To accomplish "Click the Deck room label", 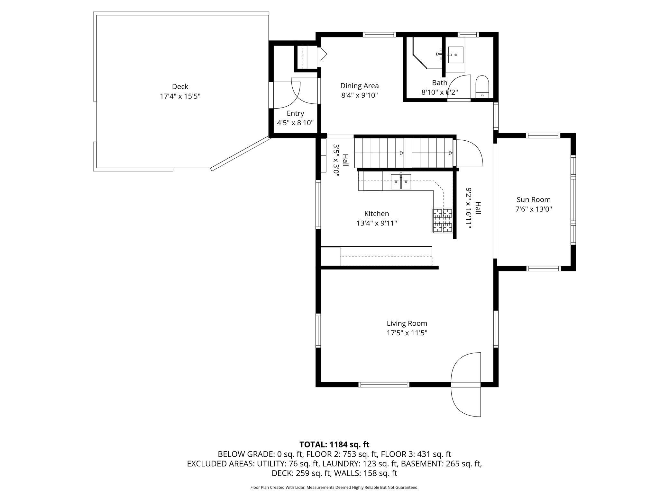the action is click(180, 86).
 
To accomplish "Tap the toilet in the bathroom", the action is click(482, 86).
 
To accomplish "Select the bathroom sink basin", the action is click(456, 55).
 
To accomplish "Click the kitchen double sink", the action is click(401, 181).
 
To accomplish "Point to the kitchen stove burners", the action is click(442, 220).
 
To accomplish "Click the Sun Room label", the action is click(534, 199).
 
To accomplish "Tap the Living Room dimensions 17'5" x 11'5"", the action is click(407, 333).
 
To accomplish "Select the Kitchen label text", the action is click(377, 214).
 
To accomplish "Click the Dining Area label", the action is click(360, 86).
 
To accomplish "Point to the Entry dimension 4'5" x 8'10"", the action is click(295, 123).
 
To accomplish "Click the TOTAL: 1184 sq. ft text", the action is click(334, 444).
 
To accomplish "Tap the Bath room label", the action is click(440, 83).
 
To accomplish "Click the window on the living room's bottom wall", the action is click(384, 384).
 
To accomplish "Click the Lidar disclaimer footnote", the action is click(334, 487).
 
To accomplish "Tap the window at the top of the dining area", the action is click(380, 35).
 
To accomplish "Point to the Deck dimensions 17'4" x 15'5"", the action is click(180, 96).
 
